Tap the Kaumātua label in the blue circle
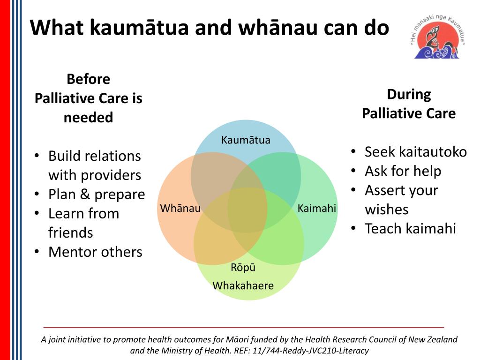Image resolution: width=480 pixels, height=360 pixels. point(246,140)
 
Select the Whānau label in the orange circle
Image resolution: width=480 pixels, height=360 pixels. point(180,208)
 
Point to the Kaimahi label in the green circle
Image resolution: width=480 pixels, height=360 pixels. point(317,208)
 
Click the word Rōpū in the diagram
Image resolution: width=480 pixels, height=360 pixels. point(243,268)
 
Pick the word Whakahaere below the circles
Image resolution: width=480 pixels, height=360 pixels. point(243,285)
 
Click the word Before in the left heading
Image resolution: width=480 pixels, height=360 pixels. point(89,79)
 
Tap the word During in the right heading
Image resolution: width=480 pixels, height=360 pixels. point(409,94)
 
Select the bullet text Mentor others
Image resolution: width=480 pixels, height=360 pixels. point(95,252)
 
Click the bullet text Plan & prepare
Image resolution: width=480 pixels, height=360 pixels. point(97,194)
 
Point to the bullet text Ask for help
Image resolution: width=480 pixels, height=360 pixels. point(403,171)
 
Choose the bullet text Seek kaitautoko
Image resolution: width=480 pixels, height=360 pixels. point(416,152)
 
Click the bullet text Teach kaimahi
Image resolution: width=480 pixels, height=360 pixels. point(410,229)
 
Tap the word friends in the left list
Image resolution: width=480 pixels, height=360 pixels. point(71,233)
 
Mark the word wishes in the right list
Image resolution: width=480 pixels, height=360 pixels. point(387,210)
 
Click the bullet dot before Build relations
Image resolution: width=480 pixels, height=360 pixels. point(37,156)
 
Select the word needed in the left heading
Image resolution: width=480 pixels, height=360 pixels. point(89,117)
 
